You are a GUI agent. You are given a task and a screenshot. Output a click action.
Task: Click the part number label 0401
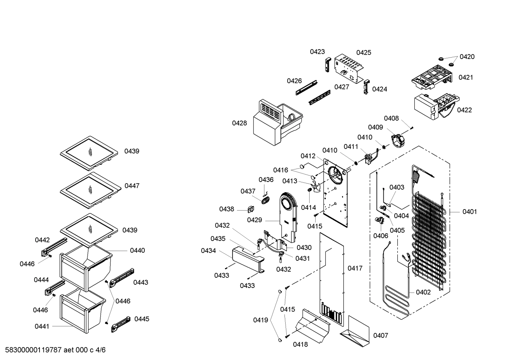(x=469, y=212)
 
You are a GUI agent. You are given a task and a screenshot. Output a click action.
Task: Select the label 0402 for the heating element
(x=423, y=292)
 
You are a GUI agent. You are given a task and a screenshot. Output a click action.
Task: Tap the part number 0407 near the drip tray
(x=381, y=335)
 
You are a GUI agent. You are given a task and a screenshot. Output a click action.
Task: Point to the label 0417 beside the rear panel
(x=355, y=268)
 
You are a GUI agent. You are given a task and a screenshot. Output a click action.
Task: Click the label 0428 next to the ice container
(x=239, y=123)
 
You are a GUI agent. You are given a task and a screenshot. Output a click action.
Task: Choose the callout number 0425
(x=364, y=53)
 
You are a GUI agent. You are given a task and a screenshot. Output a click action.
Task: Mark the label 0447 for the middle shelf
(x=132, y=186)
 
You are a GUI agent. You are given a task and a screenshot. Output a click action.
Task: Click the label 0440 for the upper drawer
(x=137, y=250)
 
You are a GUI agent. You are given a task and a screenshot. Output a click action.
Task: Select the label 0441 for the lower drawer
(x=42, y=326)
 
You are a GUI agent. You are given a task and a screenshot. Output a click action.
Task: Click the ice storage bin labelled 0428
(x=277, y=122)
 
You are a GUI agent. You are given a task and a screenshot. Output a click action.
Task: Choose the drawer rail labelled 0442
(x=54, y=247)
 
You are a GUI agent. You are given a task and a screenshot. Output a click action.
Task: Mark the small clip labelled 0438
(x=251, y=209)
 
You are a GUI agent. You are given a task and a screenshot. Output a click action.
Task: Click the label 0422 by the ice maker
(x=464, y=110)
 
